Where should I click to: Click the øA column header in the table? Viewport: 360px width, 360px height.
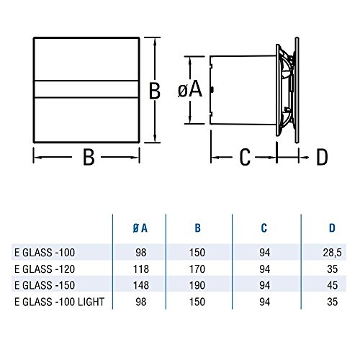(x=140, y=228)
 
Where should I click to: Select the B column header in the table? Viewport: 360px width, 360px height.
(x=197, y=228)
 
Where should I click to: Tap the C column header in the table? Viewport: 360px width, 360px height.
(x=264, y=228)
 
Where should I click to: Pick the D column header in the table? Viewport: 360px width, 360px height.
(x=332, y=228)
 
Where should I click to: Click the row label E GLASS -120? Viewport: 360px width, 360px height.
(x=45, y=269)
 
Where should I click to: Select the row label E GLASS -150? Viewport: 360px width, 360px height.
(x=45, y=285)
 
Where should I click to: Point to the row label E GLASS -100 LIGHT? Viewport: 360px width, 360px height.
(x=59, y=302)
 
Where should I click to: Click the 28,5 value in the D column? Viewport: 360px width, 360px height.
(x=332, y=253)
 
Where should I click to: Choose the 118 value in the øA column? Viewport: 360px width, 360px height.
(x=141, y=269)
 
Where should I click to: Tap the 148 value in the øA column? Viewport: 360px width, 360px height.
(x=141, y=285)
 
